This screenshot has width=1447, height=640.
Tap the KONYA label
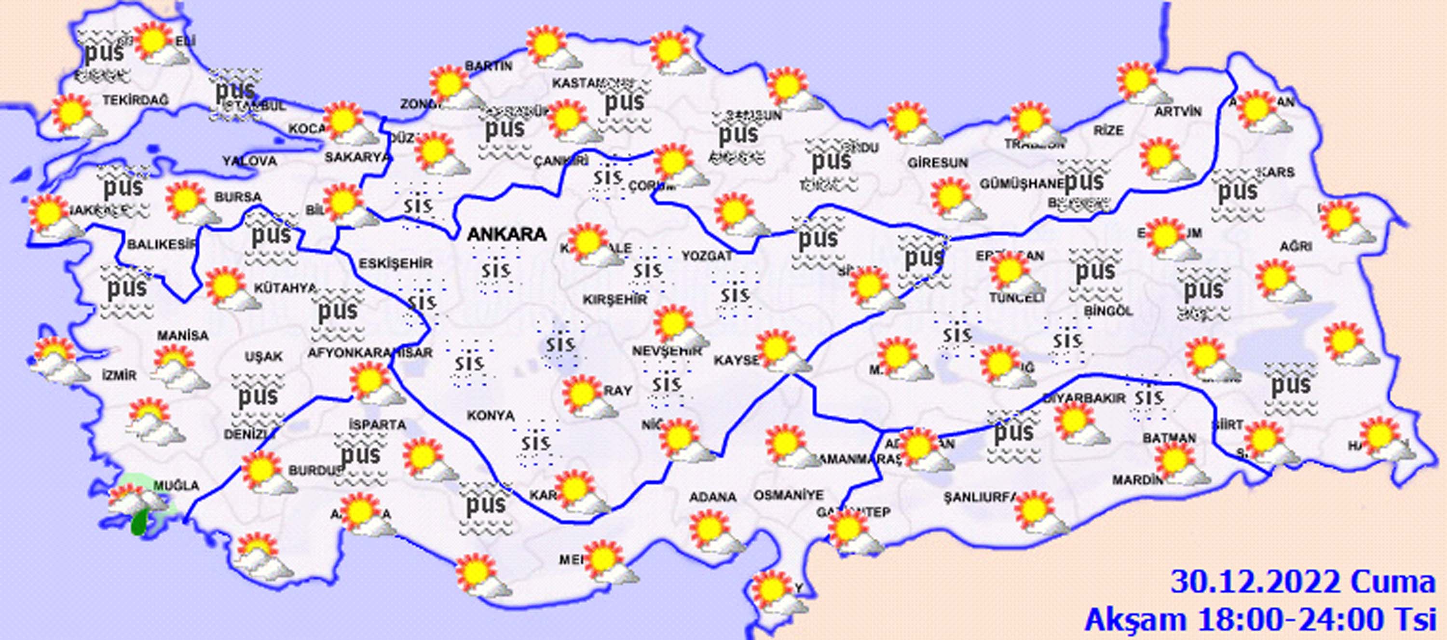491,415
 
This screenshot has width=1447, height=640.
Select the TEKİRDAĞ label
136,100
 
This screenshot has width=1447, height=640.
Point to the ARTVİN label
1178,112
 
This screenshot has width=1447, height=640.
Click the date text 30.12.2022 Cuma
1303,583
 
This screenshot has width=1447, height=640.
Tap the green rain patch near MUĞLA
137,523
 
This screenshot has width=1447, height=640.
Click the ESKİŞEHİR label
396,263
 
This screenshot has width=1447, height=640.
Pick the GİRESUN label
938,163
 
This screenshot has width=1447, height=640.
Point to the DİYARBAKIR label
1084,398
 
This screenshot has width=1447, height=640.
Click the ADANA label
712,497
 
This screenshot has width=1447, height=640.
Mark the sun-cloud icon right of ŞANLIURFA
1040,513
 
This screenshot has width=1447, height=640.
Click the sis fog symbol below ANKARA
496,272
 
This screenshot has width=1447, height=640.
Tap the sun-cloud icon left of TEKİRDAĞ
78,117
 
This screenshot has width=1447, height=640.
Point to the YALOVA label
249,161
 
